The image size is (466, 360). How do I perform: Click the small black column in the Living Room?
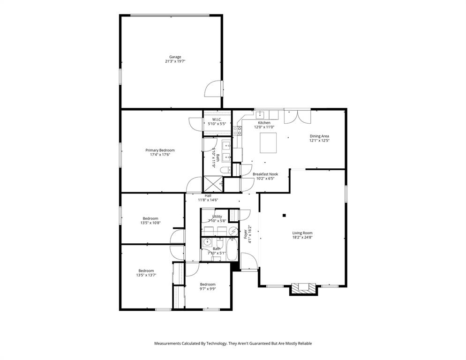(284, 216)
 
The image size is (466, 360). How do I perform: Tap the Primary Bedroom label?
(160, 150)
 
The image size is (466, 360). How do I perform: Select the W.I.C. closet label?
(216, 120)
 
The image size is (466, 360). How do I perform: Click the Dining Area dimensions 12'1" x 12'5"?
(319, 141)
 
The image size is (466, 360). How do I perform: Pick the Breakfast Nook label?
(265, 174)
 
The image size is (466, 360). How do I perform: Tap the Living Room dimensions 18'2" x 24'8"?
(302, 238)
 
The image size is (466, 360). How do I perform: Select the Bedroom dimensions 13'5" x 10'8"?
(150, 223)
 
